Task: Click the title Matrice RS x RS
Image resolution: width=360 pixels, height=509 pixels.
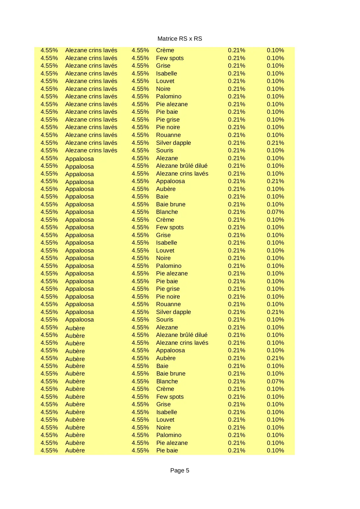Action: tap(180, 39)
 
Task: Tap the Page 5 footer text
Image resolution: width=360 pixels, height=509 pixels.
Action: tap(180, 470)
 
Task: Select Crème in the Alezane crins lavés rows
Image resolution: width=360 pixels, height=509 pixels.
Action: tap(165, 50)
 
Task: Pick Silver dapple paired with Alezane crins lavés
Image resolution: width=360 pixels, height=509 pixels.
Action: tap(173, 143)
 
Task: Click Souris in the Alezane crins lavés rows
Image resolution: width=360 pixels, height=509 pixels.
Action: tap(164, 150)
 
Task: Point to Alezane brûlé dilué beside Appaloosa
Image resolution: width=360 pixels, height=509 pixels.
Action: tap(182, 166)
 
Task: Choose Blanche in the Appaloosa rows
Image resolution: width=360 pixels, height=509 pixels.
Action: tap(167, 212)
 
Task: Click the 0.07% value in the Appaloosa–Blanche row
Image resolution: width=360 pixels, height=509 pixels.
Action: tap(275, 212)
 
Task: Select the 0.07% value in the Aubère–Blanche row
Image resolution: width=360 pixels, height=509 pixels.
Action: tap(275, 381)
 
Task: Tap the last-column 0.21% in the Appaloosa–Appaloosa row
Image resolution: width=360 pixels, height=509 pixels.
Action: tap(275, 181)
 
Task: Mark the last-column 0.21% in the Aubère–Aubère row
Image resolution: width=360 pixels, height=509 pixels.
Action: tap(275, 358)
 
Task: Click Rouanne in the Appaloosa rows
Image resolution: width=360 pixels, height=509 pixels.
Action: tap(168, 304)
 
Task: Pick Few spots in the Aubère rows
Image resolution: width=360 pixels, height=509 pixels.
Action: tap(170, 397)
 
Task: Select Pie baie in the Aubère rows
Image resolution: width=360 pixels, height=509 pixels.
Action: tap(167, 450)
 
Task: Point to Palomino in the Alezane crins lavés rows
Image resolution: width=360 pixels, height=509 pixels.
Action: tap(169, 96)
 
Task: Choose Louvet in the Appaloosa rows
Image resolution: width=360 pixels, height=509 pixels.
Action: tap(165, 250)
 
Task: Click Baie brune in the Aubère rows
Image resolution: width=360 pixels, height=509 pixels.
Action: tap(171, 373)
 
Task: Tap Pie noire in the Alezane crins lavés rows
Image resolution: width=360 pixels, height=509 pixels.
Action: tap(168, 127)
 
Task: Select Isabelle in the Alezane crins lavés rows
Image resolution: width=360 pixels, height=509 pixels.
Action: tap(166, 73)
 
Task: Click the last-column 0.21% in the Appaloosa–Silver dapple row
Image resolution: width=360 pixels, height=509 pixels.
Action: tap(275, 312)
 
